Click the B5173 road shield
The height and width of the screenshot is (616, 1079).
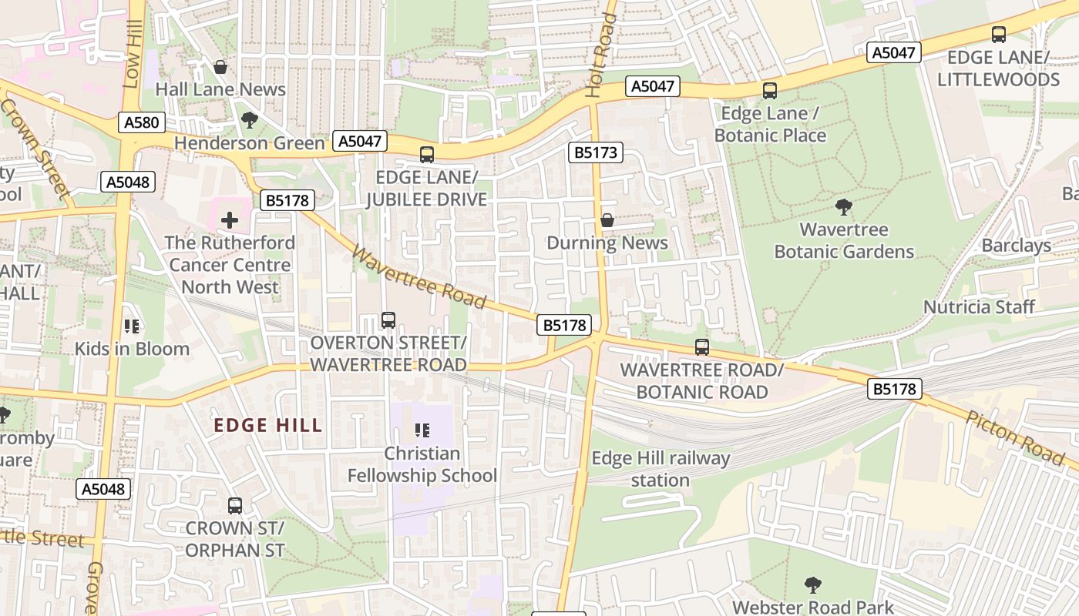[596, 152]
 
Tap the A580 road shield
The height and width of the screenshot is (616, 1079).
[143, 122]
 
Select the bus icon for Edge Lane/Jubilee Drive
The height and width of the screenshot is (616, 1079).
[427, 154]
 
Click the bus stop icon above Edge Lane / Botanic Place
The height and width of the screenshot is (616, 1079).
[769, 91]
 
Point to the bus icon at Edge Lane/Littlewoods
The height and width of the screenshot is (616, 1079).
[999, 35]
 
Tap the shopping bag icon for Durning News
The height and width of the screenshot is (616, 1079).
[607, 221]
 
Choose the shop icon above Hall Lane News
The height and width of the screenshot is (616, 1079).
[220, 68]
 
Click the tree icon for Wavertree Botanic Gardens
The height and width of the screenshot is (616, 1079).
[844, 207]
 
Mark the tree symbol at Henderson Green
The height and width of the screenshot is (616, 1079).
[249, 120]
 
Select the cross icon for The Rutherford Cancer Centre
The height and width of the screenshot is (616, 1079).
[230, 221]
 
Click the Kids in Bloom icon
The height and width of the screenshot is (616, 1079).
[132, 326]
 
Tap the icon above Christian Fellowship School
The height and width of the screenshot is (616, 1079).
[422, 430]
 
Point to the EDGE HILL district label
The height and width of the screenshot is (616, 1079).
[268, 425]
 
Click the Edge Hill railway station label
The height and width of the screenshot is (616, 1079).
[661, 469]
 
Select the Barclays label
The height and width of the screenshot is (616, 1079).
[1016, 246]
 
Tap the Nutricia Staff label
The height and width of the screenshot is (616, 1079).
[979, 307]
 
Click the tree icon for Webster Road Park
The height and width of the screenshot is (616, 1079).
[812, 585]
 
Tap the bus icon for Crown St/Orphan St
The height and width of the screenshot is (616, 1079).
[235, 506]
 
